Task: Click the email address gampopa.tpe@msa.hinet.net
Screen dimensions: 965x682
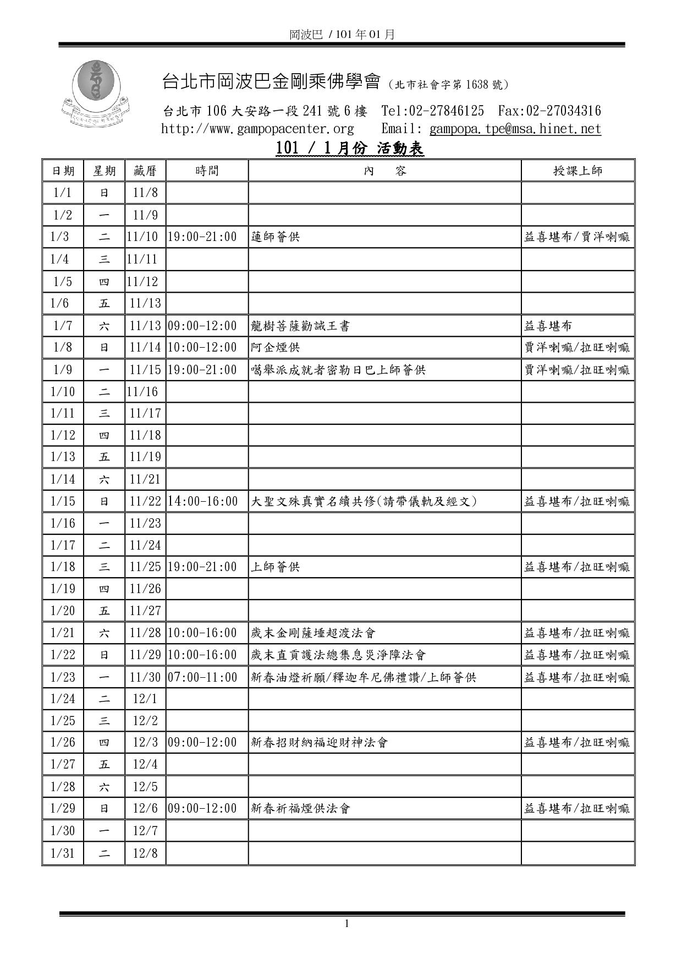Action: coord(515,129)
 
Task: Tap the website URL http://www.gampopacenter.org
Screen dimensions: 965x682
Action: coord(257,129)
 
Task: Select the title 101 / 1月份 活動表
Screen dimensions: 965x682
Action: coord(349,149)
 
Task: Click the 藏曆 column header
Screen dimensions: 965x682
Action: coord(145,171)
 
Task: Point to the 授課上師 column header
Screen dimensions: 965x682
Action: coord(577,171)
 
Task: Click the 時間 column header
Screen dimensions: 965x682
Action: coord(207,171)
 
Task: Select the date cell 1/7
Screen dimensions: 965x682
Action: coord(63,326)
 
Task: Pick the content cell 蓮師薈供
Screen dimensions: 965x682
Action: coord(276,237)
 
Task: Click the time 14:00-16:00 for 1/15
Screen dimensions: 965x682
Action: coord(203,501)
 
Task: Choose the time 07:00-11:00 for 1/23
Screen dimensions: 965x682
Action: coord(202,677)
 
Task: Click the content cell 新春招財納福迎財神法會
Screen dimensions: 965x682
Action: coord(320,743)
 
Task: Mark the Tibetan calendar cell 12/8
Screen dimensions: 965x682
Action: coord(145,853)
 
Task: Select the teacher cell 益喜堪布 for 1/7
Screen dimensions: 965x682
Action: coord(548,326)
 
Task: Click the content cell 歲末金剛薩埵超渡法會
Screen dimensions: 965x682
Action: coord(313,633)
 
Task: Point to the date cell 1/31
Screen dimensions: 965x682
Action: coord(63,853)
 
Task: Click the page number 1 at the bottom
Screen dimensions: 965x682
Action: coord(346,924)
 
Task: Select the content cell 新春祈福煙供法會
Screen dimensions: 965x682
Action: coord(300,809)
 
